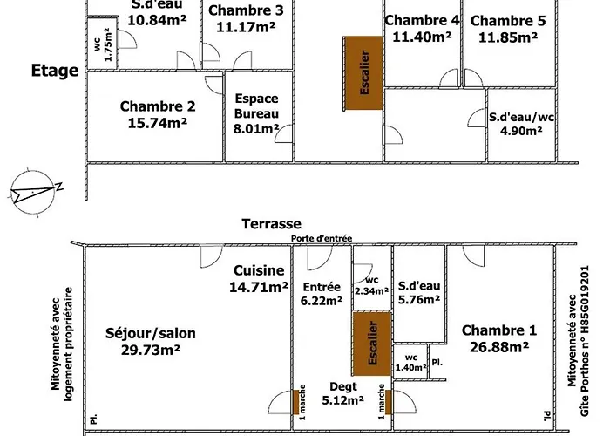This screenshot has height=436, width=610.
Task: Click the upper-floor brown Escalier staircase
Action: point(363,73)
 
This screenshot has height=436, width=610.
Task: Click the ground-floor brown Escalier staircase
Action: point(372,347)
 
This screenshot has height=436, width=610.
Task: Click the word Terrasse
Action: point(271,224)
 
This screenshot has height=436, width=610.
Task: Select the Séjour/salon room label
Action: point(150,341)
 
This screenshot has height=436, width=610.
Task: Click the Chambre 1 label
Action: point(498,338)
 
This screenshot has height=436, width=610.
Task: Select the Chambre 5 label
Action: point(508,29)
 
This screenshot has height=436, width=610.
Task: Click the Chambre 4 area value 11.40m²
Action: point(422,37)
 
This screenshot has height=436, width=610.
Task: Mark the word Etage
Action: point(55,71)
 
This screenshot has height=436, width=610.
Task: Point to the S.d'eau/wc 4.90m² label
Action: point(520,123)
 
